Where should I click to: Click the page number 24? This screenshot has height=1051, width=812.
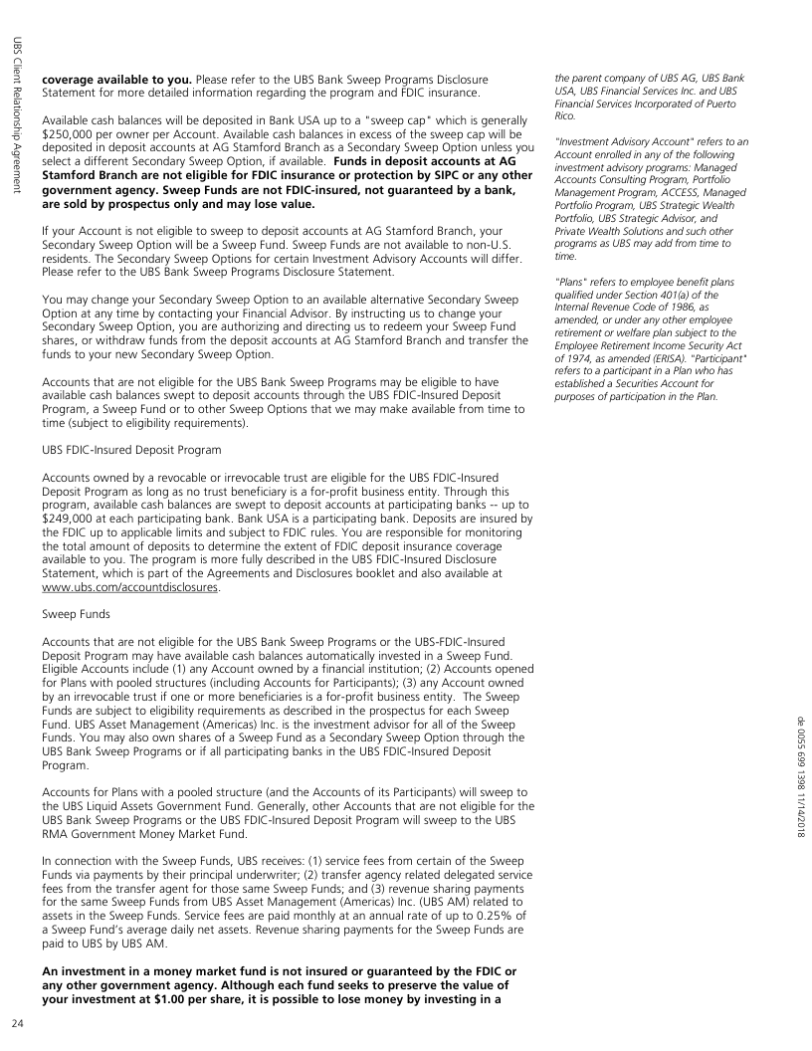pyautogui.click(x=17, y=1023)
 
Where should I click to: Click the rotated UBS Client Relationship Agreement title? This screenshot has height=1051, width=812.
pyautogui.click(x=17, y=114)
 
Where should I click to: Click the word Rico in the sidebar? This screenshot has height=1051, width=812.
pyautogui.click(x=567, y=114)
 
